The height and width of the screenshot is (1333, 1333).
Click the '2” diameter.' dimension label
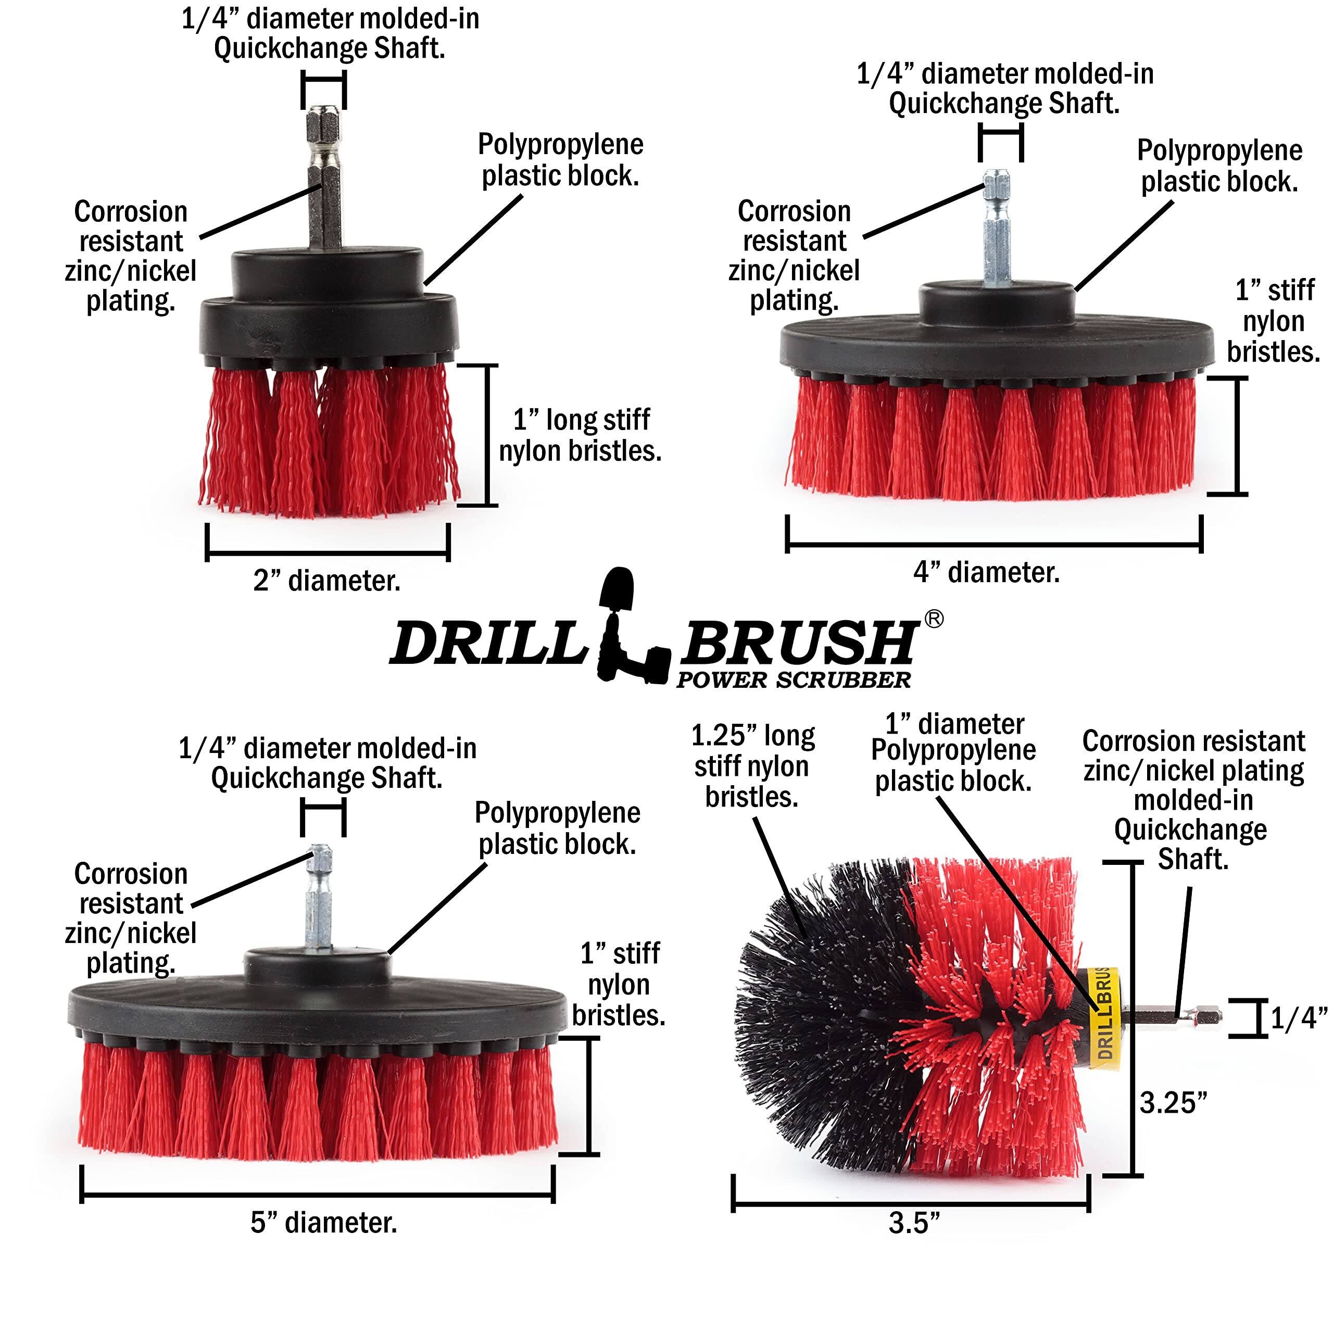[x=326, y=581]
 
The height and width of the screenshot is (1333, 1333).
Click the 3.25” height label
[x=1173, y=1102]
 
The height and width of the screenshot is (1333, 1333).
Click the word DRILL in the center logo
[x=487, y=644]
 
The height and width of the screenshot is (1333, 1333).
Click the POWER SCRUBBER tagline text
[x=794, y=681]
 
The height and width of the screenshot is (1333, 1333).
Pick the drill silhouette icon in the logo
[x=628, y=628]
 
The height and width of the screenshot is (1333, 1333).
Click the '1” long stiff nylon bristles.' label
[x=580, y=435]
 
